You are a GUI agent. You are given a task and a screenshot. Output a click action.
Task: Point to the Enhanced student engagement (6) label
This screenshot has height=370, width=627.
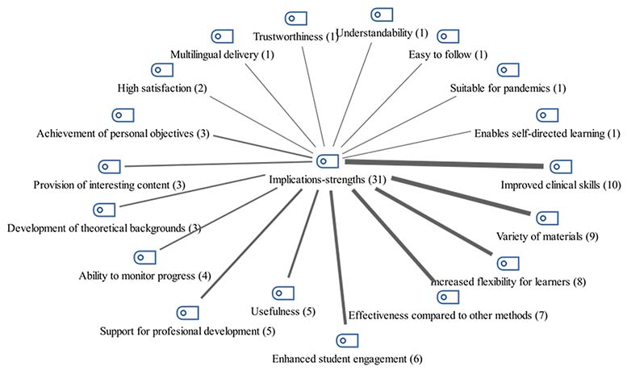click(x=346, y=358)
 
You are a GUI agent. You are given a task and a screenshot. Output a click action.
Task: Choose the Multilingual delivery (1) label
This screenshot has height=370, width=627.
click(x=222, y=54)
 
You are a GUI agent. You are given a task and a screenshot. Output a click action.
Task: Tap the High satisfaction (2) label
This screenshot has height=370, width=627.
click(x=162, y=87)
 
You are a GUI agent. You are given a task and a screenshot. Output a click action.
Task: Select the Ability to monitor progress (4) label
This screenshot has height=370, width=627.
click(x=145, y=276)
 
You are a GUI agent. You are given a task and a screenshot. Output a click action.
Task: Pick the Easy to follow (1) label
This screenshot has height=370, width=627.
click(x=448, y=54)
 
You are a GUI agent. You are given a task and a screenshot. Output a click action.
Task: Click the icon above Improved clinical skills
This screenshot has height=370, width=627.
click(x=560, y=167)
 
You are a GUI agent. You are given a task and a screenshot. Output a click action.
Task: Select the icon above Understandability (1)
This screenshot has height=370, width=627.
click(x=382, y=15)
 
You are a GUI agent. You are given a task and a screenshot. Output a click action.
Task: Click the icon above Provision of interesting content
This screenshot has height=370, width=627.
click(x=109, y=167)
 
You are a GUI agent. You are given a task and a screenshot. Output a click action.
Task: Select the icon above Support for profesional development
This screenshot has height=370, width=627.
click(x=187, y=312)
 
